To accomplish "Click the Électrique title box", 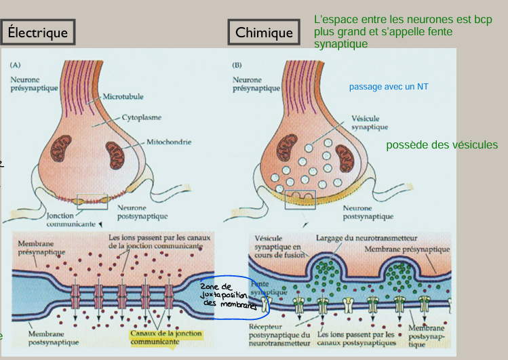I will [x=38, y=32].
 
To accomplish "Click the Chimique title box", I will [x=264, y=32].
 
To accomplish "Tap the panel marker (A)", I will [x=16, y=66].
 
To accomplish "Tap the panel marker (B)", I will [x=237, y=66].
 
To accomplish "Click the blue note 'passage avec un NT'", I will [x=389, y=87].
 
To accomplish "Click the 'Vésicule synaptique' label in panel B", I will [x=370, y=122].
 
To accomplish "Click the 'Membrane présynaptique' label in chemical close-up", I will [x=407, y=249].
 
